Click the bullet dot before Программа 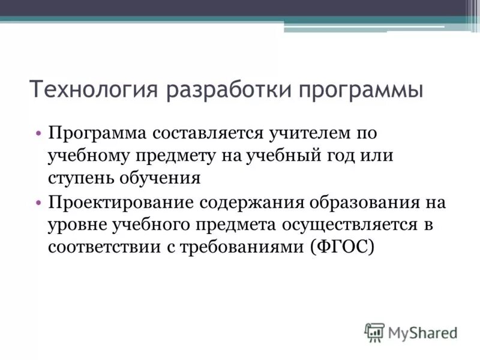[39, 132]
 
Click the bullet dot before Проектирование [39, 203]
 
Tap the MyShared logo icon [374, 332]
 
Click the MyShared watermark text [422, 332]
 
